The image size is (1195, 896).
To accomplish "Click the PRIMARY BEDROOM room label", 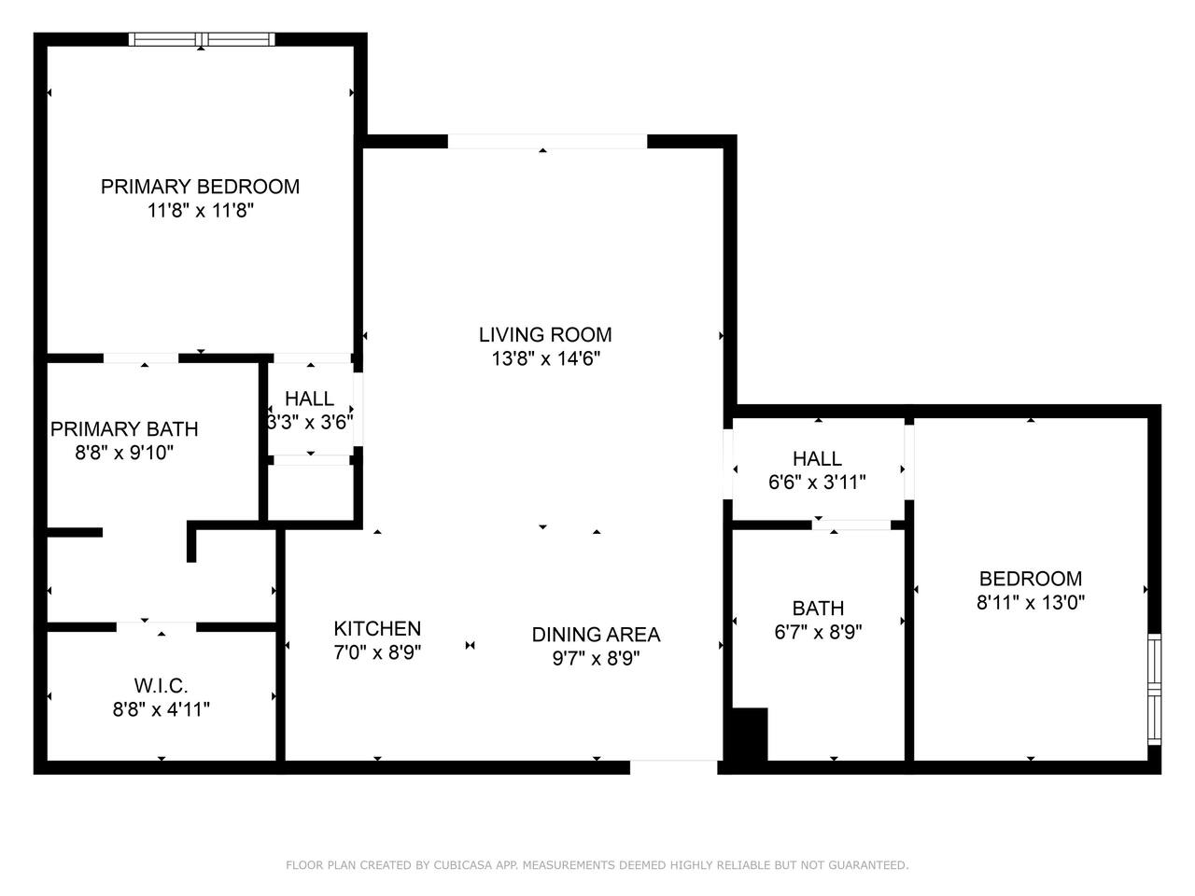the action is pos(200,187).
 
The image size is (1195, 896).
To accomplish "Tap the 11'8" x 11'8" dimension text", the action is pos(201,211).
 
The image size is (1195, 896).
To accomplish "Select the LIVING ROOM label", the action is pos(545,334).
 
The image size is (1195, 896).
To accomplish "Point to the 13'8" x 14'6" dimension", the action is pos(545,358).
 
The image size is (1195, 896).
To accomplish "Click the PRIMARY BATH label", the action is pos(124,429).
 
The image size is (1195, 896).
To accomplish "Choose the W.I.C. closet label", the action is pos(162,685).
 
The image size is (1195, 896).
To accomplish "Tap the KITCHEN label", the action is pos(377,628).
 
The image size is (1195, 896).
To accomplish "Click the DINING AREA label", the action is pos(597,635).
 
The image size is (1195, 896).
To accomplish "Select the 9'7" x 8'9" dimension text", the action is pos(597,658).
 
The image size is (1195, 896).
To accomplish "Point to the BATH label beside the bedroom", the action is pos(818,608).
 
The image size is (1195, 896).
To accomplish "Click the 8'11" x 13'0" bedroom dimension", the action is pos(1031,602).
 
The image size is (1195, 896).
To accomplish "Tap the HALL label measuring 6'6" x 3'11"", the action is pos(817,458).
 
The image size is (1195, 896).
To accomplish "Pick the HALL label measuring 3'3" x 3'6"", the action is pos(309,399).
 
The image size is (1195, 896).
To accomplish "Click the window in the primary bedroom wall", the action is pos(202,39).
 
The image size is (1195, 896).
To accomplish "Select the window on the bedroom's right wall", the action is pos(1154,689).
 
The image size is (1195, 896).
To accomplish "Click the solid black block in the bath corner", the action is pos(750,735).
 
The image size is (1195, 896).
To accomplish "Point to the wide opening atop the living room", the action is pos(547,142).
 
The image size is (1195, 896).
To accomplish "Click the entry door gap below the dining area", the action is pos(673,767).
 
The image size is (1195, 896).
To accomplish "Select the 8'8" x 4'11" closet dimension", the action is pos(162,709).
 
